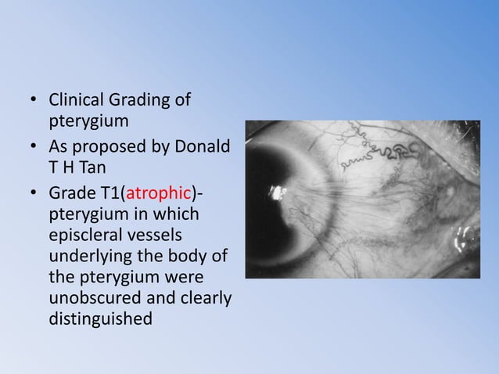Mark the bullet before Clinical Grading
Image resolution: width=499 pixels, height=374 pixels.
click(34, 102)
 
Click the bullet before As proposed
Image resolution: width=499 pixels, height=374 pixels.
click(34, 148)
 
